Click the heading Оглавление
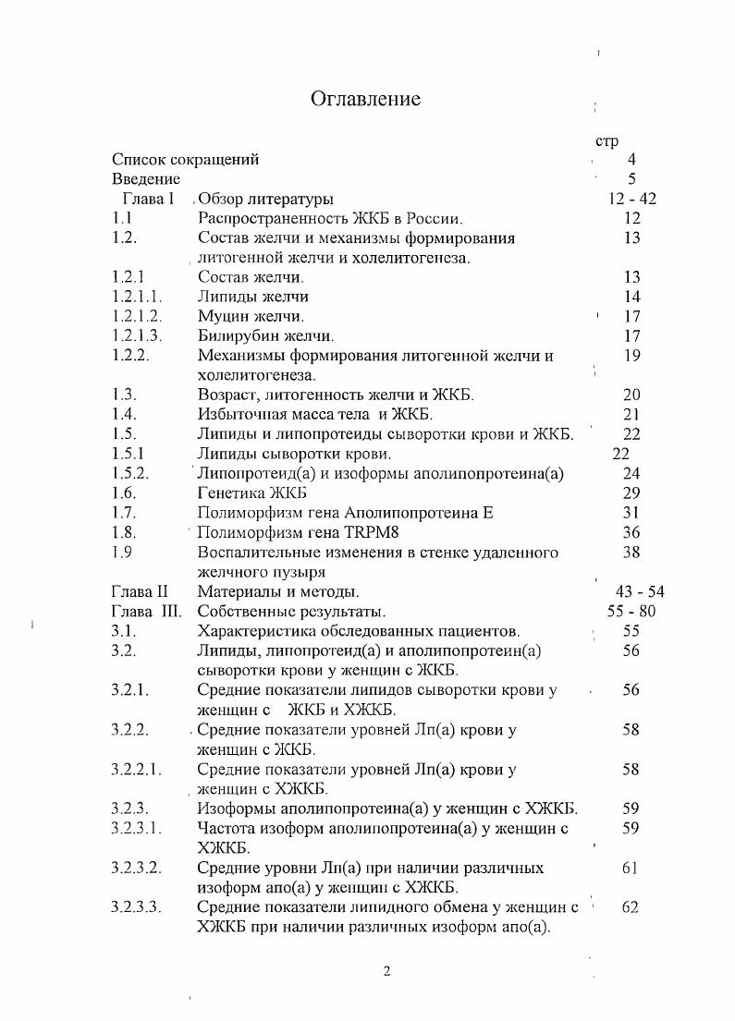[365, 99]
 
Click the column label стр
[606, 141]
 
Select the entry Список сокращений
[185, 159]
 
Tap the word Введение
[146, 178]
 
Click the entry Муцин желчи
[251, 316]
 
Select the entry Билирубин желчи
[266, 335]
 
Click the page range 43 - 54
[639, 591]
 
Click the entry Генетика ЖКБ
[254, 493]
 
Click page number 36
[631, 532]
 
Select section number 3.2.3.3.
[136, 907]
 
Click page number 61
[631, 868]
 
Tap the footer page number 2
[387, 971]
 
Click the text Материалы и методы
[278, 591]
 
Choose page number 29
[631, 493]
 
